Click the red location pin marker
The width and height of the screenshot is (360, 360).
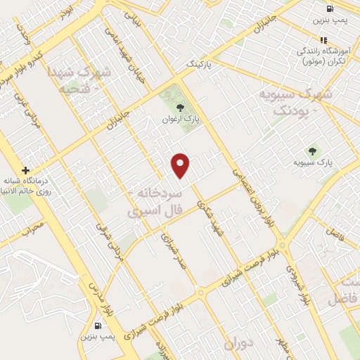(181, 165)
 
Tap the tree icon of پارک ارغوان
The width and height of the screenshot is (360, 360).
(181, 108)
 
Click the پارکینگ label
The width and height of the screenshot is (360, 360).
(199, 63)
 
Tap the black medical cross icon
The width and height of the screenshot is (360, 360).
(25, 170)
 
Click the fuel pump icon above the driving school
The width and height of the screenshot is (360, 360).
(330, 8)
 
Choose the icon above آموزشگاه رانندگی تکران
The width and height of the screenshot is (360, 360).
(323, 40)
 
